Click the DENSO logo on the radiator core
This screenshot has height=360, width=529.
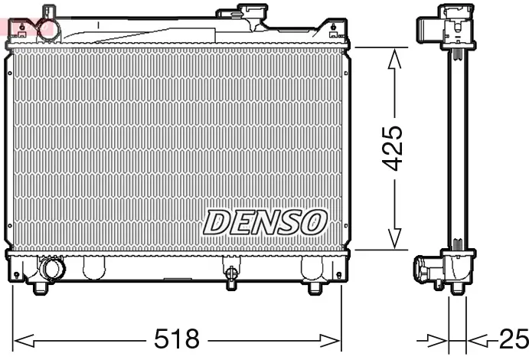265,221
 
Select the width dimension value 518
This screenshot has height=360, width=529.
178,339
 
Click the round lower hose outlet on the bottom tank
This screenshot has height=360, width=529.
53,270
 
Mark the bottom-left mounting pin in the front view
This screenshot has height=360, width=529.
40,289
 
